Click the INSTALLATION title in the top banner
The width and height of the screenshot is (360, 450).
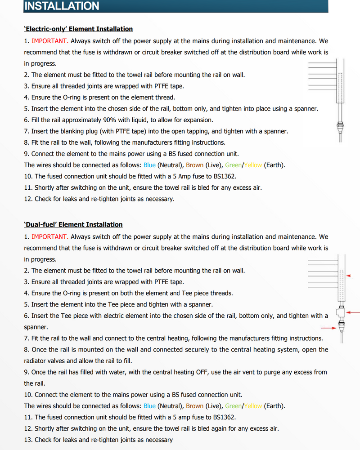pos(61,6)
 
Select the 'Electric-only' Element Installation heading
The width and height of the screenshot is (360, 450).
pos(78,29)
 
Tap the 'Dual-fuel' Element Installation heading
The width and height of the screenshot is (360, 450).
pos(73,224)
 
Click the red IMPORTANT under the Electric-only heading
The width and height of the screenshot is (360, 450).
pos(49,41)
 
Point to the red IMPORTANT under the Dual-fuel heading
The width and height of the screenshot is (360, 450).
pos(49,236)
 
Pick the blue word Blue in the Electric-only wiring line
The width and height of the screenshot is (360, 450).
pos(149,165)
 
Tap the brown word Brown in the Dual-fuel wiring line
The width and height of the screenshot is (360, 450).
pos(194,406)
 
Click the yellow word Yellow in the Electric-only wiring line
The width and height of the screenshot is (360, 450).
pos(253,165)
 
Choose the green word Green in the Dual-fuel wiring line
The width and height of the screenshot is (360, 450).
pos(233,406)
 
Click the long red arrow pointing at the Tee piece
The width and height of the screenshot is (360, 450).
pos(353,312)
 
